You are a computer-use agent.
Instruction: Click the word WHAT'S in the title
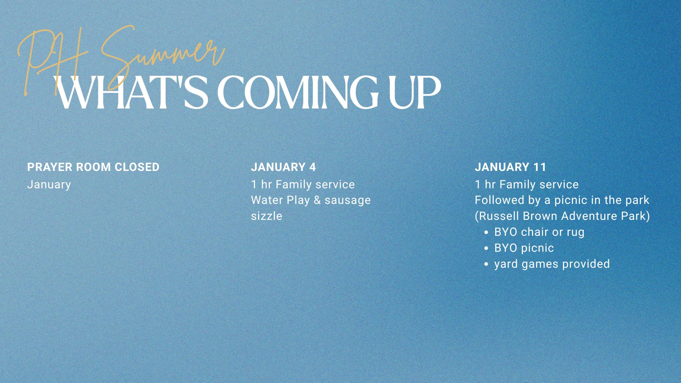click(131, 93)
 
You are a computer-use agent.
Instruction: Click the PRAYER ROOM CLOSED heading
click(93, 167)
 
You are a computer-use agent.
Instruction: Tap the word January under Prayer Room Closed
click(49, 184)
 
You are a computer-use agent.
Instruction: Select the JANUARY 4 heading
click(283, 167)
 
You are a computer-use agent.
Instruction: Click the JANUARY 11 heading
click(511, 167)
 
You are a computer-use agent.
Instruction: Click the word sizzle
click(266, 216)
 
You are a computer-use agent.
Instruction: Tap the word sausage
click(348, 200)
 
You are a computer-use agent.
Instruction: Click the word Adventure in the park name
click(589, 216)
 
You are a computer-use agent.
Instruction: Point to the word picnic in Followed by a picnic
click(571, 200)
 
